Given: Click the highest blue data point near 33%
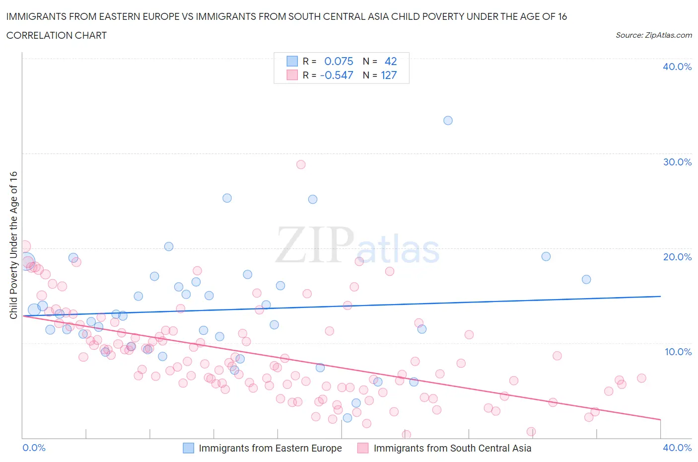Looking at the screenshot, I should (x=448, y=120).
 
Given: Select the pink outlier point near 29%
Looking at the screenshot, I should (x=301, y=164).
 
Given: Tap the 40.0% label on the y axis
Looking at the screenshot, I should (x=677, y=67).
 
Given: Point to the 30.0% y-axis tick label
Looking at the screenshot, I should (x=677, y=162).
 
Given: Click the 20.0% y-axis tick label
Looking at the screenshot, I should (x=677, y=257).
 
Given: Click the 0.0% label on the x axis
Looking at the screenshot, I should (x=34, y=448).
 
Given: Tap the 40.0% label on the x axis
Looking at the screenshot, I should (x=677, y=448).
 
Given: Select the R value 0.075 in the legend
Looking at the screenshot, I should (x=339, y=61).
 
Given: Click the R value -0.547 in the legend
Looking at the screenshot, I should (x=337, y=75).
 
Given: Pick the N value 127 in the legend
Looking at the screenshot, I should (x=389, y=75).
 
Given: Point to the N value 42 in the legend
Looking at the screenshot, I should (x=391, y=61).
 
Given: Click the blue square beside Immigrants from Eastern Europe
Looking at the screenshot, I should (x=189, y=448).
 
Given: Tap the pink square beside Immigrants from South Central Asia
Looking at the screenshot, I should (x=363, y=448).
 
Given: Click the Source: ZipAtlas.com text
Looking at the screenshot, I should (x=653, y=35).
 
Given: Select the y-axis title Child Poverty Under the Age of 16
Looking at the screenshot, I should (x=13, y=245).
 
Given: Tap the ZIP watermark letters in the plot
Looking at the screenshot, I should (x=315, y=245).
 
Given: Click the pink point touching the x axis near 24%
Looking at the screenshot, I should (x=406, y=435).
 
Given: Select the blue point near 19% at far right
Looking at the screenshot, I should (x=546, y=256).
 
